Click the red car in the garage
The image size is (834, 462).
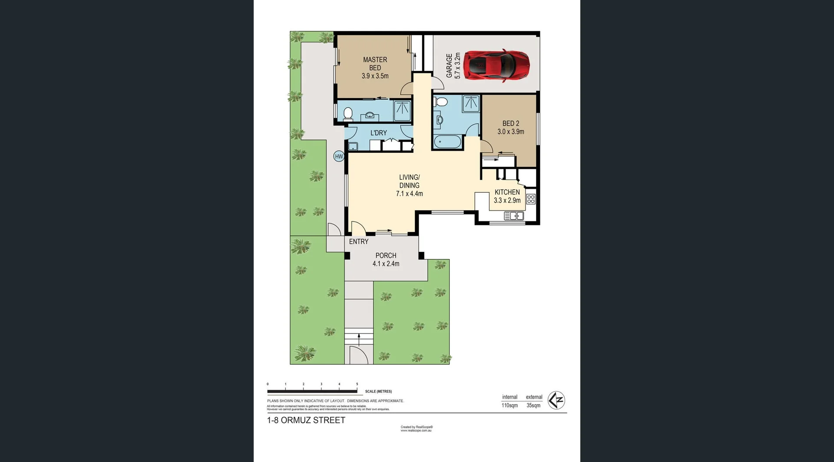[x=496, y=65]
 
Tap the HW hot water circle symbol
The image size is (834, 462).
[x=339, y=156]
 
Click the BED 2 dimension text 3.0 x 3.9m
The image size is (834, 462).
[x=511, y=132]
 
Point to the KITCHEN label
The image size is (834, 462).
[x=507, y=192]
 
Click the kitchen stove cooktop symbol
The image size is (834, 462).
[x=531, y=199]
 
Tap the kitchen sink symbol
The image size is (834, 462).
[x=513, y=216]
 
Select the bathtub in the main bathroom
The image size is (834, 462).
[x=447, y=142]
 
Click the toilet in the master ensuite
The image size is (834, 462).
[x=347, y=114]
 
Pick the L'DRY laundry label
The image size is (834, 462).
[x=378, y=133]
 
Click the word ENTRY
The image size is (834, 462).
[x=358, y=241]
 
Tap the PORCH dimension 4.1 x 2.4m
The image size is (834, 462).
[x=386, y=264]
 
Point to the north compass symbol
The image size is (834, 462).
[x=556, y=400]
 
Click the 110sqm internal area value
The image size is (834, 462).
[x=510, y=406]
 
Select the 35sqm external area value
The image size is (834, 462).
[x=533, y=406]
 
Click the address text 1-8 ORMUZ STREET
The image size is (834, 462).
[x=306, y=420]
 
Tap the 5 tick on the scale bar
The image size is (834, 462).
[x=357, y=384]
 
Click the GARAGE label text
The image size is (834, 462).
[x=450, y=66]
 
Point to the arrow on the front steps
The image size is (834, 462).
[x=359, y=339]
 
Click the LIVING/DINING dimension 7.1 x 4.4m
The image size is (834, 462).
[x=409, y=194]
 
